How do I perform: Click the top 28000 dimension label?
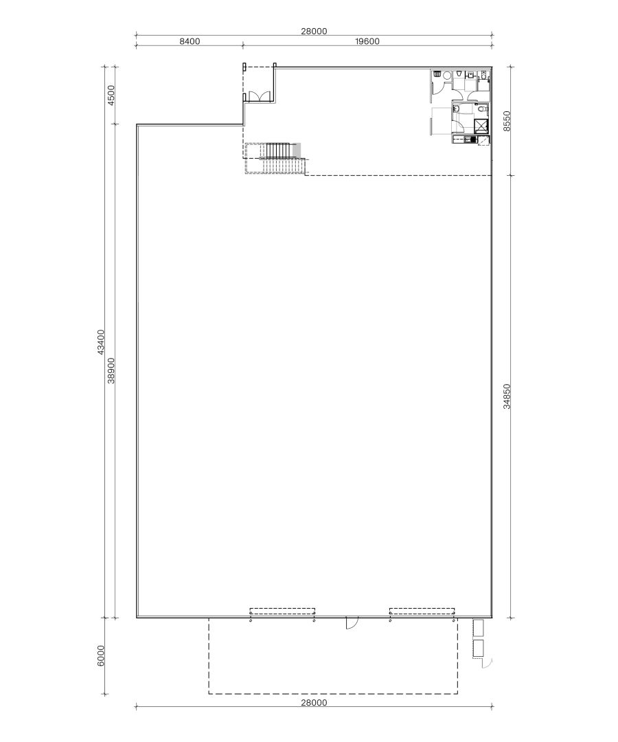tap(314, 31)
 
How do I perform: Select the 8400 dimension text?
tap(190, 41)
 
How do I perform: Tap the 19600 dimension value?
tap(367, 41)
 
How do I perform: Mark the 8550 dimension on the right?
tap(507, 121)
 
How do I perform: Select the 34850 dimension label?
tap(507, 396)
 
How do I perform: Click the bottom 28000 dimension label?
tap(314, 702)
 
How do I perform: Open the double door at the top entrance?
tap(259, 98)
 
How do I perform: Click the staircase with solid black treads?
tap(279, 150)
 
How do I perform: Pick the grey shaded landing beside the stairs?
tap(297, 150)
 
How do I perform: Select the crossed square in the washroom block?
tap(481, 126)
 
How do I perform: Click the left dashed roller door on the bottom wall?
tap(282, 611)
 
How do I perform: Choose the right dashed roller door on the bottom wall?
tap(422, 611)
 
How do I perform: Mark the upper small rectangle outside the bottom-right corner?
tap(479, 628)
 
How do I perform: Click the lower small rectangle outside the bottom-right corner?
tap(479, 649)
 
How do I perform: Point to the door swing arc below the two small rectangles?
tap(489, 662)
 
